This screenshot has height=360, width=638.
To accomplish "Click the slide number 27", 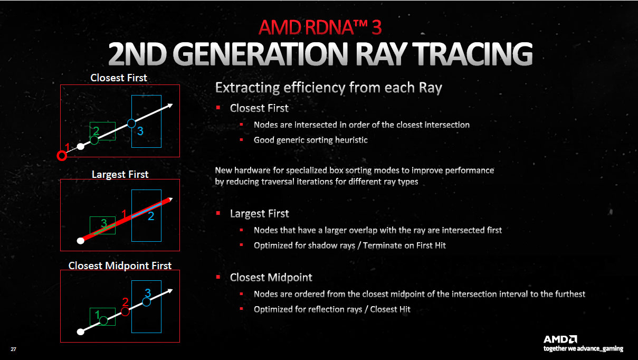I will tap(13, 349).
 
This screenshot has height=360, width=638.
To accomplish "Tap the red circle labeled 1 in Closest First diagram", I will tap(62, 156).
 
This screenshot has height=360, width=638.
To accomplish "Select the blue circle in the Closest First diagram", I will tap(131, 124).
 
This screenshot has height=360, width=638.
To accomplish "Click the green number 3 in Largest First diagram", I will tap(104, 224).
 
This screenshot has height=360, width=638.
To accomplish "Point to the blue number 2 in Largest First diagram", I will tap(150, 216).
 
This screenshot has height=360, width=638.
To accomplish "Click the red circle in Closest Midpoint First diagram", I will tap(125, 311).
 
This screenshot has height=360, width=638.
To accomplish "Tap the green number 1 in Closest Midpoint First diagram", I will tap(97, 315).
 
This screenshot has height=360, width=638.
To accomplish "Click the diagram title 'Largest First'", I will tap(120, 174).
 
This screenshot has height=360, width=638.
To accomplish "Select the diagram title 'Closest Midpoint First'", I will tap(120, 266).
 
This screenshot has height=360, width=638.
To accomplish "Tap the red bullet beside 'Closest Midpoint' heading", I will tap(218, 277).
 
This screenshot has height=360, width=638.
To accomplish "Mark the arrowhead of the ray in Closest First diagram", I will tap(170, 106).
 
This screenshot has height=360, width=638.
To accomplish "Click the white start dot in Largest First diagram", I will tap(81, 241).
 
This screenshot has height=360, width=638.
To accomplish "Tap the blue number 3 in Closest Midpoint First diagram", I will tap(148, 292).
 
